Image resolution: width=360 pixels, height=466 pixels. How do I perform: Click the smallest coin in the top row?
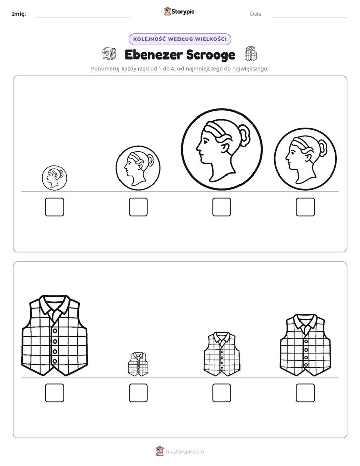point(54,178)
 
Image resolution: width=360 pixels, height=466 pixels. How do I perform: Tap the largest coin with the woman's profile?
point(222,149)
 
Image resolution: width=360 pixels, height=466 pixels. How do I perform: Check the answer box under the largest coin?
point(222,207)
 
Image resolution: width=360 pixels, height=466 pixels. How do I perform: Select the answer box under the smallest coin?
point(54,207)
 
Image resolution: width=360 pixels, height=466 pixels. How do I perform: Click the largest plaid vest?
point(54,335)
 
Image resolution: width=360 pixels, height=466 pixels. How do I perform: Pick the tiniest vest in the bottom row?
point(138,364)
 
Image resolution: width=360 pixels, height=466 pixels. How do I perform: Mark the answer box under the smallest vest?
point(138,393)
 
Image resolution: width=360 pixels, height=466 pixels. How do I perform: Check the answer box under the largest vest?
point(54,393)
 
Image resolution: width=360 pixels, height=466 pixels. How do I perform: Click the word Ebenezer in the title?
point(153,54)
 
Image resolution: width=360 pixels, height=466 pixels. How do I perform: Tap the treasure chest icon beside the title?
point(109,53)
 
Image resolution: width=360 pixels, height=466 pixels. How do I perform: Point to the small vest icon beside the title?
point(251,54)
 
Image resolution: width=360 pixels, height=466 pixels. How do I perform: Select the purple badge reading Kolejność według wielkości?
point(180,39)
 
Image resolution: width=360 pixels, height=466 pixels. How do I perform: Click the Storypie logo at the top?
point(179,11)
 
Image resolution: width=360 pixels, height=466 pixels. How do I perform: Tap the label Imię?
point(19,14)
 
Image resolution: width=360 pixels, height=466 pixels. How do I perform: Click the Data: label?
point(256,14)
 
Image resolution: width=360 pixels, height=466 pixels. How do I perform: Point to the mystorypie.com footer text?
point(185,452)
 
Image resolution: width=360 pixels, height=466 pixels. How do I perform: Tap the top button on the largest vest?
point(55,331)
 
